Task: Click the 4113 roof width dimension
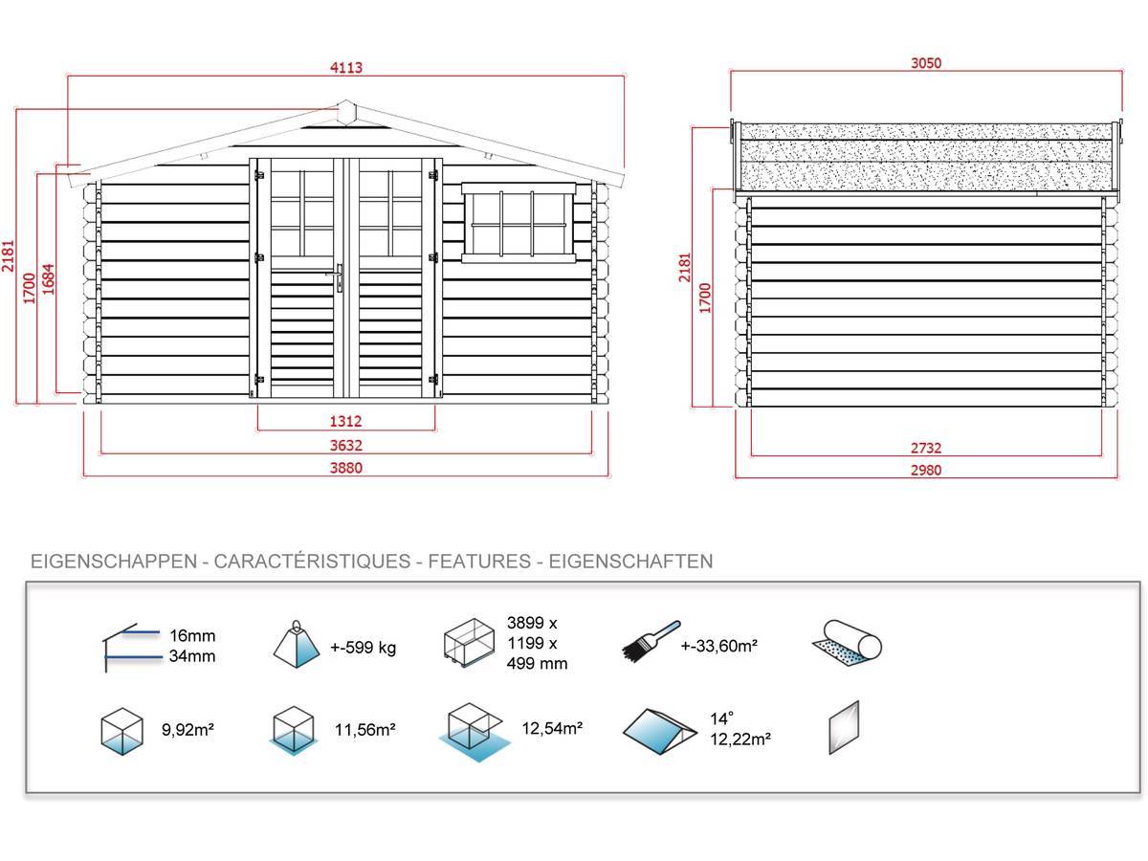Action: click(x=345, y=67)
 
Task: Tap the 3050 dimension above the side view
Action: click(x=926, y=63)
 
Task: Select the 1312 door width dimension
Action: click(x=345, y=421)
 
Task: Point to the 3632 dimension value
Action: click(x=345, y=445)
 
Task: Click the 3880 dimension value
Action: click(x=345, y=468)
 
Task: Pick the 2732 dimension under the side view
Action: click(x=926, y=448)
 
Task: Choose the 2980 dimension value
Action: click(x=926, y=470)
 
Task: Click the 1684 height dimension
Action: click(x=48, y=279)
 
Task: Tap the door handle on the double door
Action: click(x=338, y=277)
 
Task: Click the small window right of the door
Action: click(x=519, y=222)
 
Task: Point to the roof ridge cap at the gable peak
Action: click(x=345, y=112)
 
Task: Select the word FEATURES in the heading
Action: click(x=479, y=561)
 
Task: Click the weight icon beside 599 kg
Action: click(x=296, y=644)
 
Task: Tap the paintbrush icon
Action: click(x=651, y=641)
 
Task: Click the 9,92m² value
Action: click(x=188, y=729)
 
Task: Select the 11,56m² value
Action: click(x=365, y=729)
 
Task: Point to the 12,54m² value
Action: click(x=552, y=728)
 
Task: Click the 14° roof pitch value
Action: click(x=721, y=718)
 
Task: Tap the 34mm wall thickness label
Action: click(x=192, y=655)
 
